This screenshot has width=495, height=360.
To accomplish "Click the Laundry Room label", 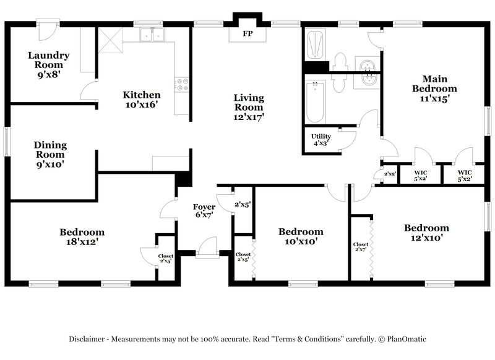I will [x=48, y=60].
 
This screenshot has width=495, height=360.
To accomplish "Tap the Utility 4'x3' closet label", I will [x=321, y=139].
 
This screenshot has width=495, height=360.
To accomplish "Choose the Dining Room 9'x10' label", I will [x=51, y=155].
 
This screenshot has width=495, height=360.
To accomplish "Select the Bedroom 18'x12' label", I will [x=82, y=237].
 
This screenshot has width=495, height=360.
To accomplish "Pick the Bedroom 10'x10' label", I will [x=301, y=236].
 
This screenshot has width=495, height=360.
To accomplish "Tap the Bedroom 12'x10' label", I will [x=426, y=232].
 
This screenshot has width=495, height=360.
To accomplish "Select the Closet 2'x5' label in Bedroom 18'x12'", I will [x=165, y=258].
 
